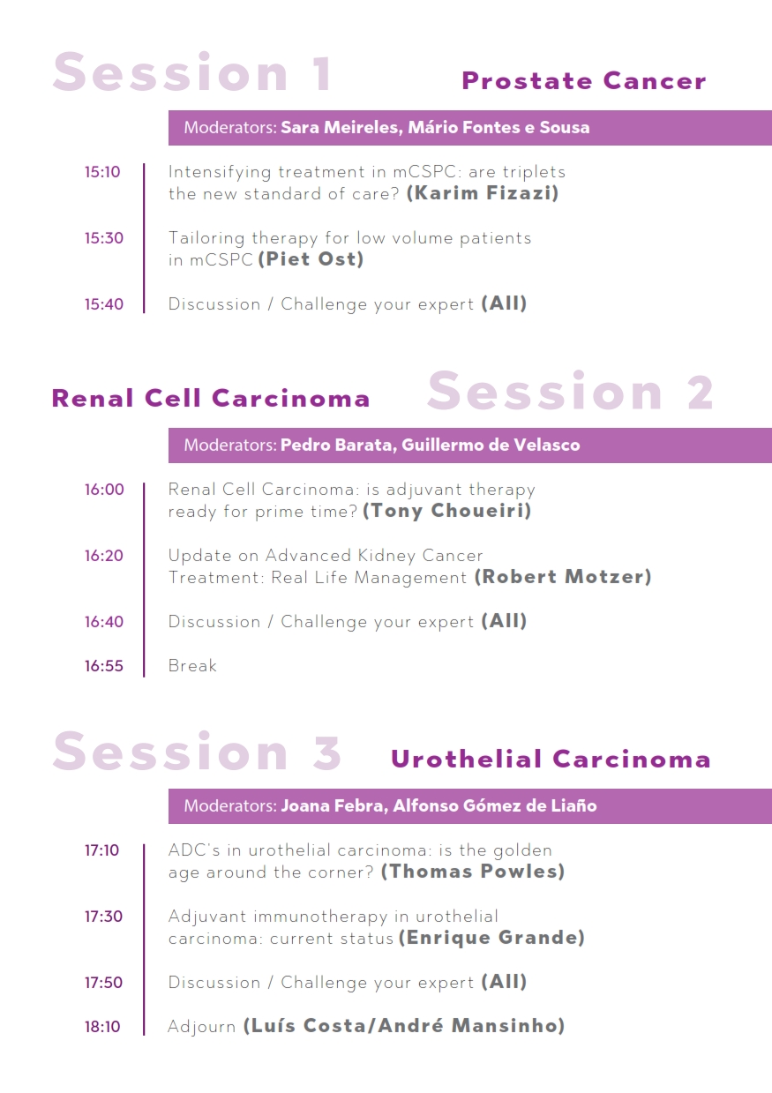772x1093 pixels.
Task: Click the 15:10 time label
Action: click(102, 172)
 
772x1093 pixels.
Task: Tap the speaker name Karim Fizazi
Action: click(483, 193)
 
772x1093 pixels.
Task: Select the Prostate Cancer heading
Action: click(584, 81)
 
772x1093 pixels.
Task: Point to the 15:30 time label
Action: click(103, 238)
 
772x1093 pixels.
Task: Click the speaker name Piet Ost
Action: click(311, 259)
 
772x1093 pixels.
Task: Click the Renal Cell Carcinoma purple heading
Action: click(211, 398)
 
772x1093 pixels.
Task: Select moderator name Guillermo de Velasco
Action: click(491, 445)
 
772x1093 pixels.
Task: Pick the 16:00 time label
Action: click(104, 490)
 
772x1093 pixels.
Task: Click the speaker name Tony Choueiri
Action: click(447, 511)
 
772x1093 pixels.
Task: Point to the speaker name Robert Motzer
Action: click(563, 577)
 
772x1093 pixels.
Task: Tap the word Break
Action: click(192, 666)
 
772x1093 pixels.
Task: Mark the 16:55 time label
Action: click(103, 666)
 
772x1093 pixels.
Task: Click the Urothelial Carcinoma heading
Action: click(551, 760)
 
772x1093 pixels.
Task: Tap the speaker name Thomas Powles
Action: click(473, 872)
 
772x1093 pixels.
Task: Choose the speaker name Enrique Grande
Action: click(492, 938)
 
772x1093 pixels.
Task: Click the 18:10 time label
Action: click(102, 1027)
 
